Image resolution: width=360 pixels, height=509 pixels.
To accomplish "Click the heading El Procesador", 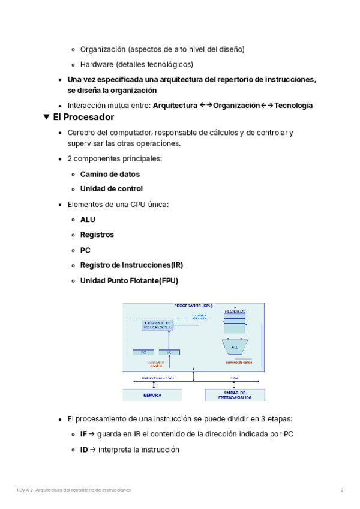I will coord(83,117).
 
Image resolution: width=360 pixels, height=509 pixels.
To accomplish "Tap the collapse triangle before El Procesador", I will coord(47,117).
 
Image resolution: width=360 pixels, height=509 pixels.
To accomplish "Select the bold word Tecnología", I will coord(293,105).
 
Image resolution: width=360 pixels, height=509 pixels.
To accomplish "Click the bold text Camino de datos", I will coord(110,174).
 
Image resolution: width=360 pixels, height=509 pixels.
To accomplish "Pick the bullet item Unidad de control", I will coord(111,188).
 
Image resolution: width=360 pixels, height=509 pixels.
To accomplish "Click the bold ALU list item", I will coord(88,220).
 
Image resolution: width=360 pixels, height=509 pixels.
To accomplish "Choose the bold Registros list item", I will coord(97,235).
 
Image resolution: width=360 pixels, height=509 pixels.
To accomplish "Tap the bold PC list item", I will coord(85,250).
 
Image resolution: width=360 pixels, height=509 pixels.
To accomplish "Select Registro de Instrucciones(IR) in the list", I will coord(131,265).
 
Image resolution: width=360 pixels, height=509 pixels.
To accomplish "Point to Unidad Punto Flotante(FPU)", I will coord(129,280).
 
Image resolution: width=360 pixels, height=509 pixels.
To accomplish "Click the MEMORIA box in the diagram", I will coord(152,395).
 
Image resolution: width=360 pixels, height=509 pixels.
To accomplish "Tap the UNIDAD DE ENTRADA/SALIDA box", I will coord(235,394).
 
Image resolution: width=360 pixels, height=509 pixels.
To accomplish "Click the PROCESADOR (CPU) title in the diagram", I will coord(193,306).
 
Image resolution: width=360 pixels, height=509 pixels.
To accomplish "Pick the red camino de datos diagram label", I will coord(238,362).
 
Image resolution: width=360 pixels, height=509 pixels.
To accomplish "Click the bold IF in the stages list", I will coord(83,434).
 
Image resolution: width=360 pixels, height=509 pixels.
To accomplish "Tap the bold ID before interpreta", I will coord(84,450).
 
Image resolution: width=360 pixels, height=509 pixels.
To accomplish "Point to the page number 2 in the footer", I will coord(342,490).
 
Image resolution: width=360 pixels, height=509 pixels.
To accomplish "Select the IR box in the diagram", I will coord(169,352).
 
